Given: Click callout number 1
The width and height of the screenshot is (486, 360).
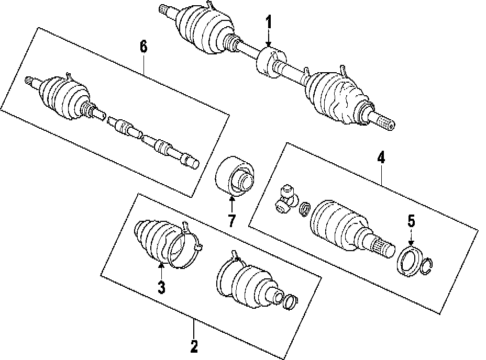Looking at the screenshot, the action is tap(269, 22).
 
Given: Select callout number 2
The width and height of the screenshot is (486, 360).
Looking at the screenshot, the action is tap(194, 346).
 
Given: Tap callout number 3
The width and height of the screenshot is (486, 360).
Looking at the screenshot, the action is tap(161, 287).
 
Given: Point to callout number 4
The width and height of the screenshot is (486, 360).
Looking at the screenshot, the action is tap(381, 157).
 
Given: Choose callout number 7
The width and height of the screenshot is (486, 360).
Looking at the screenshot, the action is tap(231, 221).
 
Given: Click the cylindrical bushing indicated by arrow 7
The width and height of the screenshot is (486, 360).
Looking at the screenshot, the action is tap(235, 176).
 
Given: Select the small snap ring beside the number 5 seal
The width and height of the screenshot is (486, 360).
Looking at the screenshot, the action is tap(428, 266).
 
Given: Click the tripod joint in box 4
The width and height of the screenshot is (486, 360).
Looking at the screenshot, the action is tap(286, 199).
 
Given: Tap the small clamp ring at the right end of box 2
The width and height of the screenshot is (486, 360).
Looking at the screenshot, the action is tap(291, 301).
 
